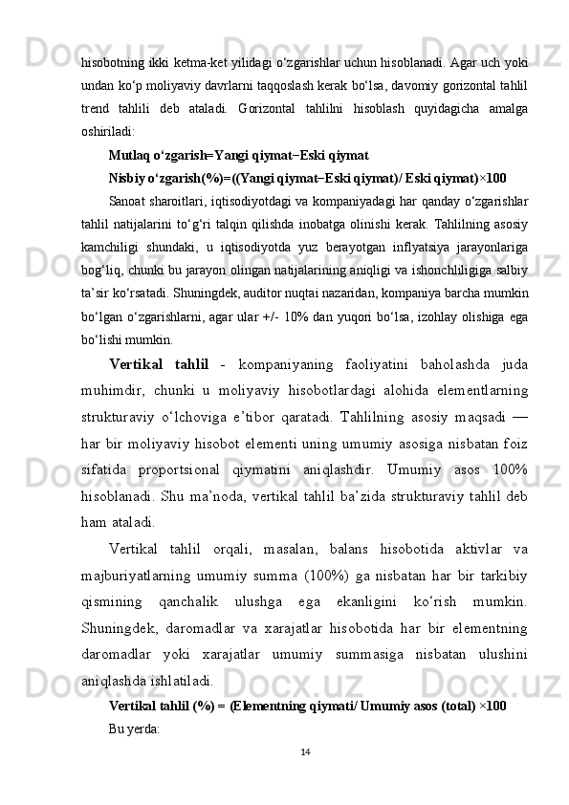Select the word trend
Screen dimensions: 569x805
(97, 107)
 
